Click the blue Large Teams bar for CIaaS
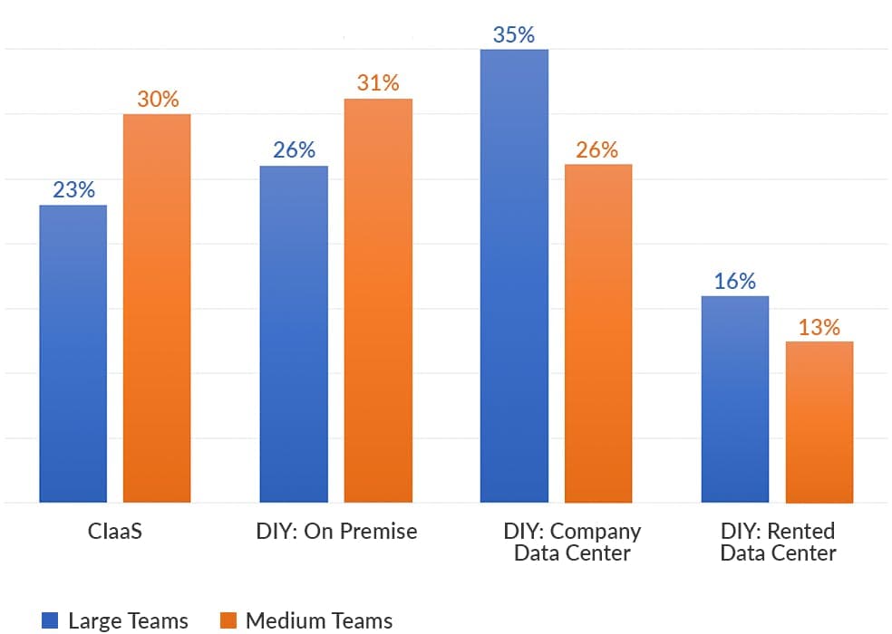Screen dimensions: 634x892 pyautogui.click(x=73, y=353)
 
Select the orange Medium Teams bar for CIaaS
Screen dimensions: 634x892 pyautogui.click(x=157, y=308)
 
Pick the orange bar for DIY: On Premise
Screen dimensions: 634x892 pyautogui.click(x=378, y=300)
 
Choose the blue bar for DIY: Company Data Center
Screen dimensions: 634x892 pyautogui.click(x=514, y=275)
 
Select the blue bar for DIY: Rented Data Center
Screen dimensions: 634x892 pyautogui.click(x=734, y=399)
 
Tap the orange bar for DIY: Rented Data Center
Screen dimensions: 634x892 pyautogui.click(x=819, y=421)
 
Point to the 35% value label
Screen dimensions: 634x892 pyautogui.click(x=514, y=35)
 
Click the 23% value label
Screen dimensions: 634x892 pyautogui.click(x=73, y=190)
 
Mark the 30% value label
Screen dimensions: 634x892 pyautogui.click(x=158, y=100)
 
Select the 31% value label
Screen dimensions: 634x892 pyautogui.click(x=378, y=83)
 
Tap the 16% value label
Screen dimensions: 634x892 pyautogui.click(x=734, y=282)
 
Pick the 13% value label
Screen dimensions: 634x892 pyautogui.click(x=819, y=327)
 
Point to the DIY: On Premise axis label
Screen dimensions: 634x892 pyautogui.click(x=336, y=532)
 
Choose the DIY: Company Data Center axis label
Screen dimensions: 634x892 pyautogui.click(x=571, y=542)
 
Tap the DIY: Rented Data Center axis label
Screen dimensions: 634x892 pyautogui.click(x=778, y=542)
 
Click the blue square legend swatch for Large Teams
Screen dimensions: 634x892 pyautogui.click(x=51, y=620)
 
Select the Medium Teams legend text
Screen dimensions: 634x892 pyautogui.click(x=319, y=620)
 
